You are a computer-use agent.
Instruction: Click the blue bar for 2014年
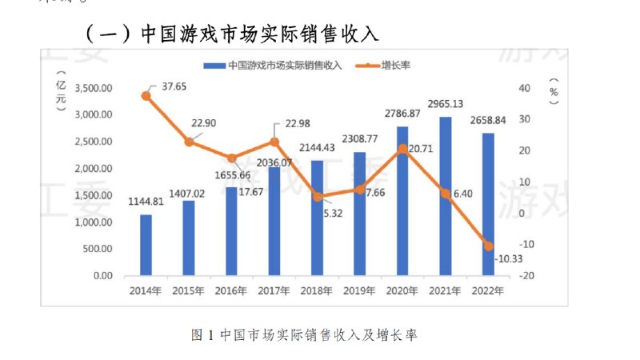(x=146, y=245)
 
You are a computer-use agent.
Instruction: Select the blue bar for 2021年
(x=445, y=196)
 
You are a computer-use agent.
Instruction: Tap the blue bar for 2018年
(x=317, y=218)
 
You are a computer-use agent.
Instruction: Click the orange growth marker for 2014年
(x=146, y=96)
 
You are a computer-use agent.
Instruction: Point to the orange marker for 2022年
(x=488, y=246)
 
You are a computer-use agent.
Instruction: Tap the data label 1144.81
(x=146, y=202)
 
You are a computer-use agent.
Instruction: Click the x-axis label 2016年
(x=231, y=291)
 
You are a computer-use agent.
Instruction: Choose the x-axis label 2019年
(x=359, y=291)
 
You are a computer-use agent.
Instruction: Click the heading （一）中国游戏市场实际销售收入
(x=232, y=34)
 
